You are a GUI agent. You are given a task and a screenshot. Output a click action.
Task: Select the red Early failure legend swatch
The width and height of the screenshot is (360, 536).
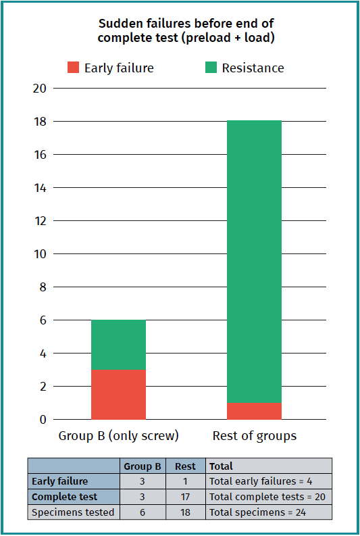click(73, 68)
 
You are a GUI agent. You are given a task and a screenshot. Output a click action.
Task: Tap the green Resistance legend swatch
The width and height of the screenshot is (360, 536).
click(211, 68)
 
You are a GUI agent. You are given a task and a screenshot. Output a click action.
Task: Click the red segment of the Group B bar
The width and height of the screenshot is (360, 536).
click(118, 395)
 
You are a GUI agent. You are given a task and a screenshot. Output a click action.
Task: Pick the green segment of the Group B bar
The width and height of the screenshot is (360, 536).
click(118, 345)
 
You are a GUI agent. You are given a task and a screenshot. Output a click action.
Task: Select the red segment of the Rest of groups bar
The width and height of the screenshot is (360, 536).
click(254, 411)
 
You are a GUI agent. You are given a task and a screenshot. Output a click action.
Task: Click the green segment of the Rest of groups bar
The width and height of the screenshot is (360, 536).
click(254, 261)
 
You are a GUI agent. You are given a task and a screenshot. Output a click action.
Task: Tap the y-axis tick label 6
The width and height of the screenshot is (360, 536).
click(43, 320)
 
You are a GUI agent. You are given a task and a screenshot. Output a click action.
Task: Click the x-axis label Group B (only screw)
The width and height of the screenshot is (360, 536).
click(118, 436)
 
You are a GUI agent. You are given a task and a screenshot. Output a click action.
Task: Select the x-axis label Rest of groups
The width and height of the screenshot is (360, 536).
click(254, 436)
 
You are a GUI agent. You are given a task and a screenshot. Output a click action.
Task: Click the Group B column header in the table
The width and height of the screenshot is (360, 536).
click(143, 466)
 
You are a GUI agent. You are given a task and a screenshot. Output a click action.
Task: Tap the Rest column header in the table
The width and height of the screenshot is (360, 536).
click(185, 466)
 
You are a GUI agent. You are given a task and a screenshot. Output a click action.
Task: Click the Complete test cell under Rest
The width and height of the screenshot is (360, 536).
click(185, 497)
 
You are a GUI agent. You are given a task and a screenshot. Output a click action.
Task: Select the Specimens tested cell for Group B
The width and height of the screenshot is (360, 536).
click(143, 512)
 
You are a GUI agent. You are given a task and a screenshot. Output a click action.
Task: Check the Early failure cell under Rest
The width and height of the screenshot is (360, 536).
click(185, 482)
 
